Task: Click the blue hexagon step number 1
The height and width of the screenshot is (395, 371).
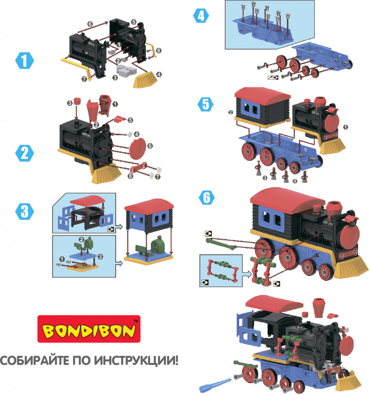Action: pyautogui.click(x=24, y=60)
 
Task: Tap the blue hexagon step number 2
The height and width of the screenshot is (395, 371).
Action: pyautogui.click(x=24, y=153)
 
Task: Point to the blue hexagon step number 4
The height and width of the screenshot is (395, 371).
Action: pyautogui.click(x=201, y=16)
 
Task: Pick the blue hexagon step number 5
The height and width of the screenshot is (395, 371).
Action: pyautogui.click(x=205, y=104)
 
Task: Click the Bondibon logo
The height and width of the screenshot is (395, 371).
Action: pyautogui.click(x=89, y=329)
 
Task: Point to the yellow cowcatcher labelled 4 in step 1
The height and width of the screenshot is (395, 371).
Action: pyautogui.click(x=144, y=79)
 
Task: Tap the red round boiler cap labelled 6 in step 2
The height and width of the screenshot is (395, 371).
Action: pyautogui.click(x=137, y=149)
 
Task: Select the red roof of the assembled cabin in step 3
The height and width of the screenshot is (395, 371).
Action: pyautogui.click(x=149, y=204)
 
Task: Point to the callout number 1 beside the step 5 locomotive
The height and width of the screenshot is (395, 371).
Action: pyautogui.click(x=346, y=127)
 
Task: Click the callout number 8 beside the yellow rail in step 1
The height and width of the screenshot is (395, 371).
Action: pyautogui.click(x=158, y=51)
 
